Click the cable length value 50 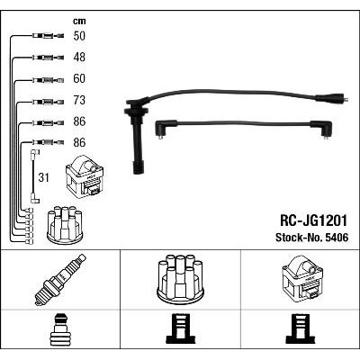[x=79, y=36]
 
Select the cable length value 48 [x=79, y=58]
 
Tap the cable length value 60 [x=79, y=78]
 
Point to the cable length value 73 [x=79, y=100]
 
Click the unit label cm [x=79, y=21]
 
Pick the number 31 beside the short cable [x=43, y=177]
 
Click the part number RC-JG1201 [x=313, y=220]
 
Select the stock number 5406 [x=336, y=238]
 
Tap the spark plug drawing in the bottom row [x=60, y=280]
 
